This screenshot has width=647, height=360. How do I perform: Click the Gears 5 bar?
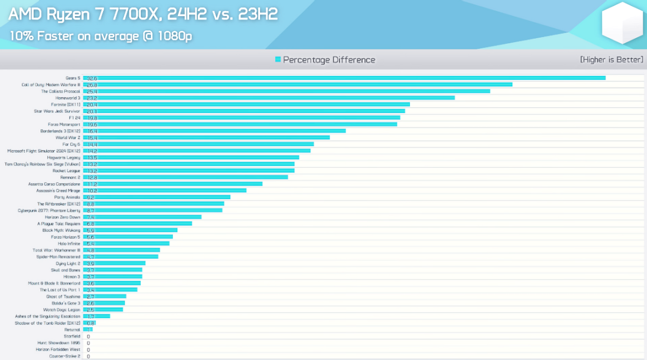[344, 78]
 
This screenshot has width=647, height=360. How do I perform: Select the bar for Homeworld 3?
[270, 98]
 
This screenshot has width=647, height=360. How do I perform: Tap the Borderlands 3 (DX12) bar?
[214, 131]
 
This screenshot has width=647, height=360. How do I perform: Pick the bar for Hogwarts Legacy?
[192, 157]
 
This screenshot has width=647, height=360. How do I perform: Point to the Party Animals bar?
[157, 197]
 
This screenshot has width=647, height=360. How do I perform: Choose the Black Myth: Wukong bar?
[131, 230]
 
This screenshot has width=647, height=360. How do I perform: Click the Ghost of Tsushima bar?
[105, 296]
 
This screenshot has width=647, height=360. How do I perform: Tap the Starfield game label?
[72, 336]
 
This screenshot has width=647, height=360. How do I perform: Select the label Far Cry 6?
[71, 144]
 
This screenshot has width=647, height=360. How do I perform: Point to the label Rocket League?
[66, 171]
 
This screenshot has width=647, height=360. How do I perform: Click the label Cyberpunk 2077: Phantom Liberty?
[49, 210]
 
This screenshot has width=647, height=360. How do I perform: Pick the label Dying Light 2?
[68, 263]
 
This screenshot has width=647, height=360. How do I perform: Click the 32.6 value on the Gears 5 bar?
[92, 78]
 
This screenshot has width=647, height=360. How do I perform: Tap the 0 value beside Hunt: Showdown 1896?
[88, 343]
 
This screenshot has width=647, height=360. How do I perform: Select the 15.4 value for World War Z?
[92, 138]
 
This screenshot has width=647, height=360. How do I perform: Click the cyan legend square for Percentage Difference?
[278, 59]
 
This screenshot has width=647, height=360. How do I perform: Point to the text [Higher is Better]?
[612, 59]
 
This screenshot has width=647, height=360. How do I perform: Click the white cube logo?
[623, 23]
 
